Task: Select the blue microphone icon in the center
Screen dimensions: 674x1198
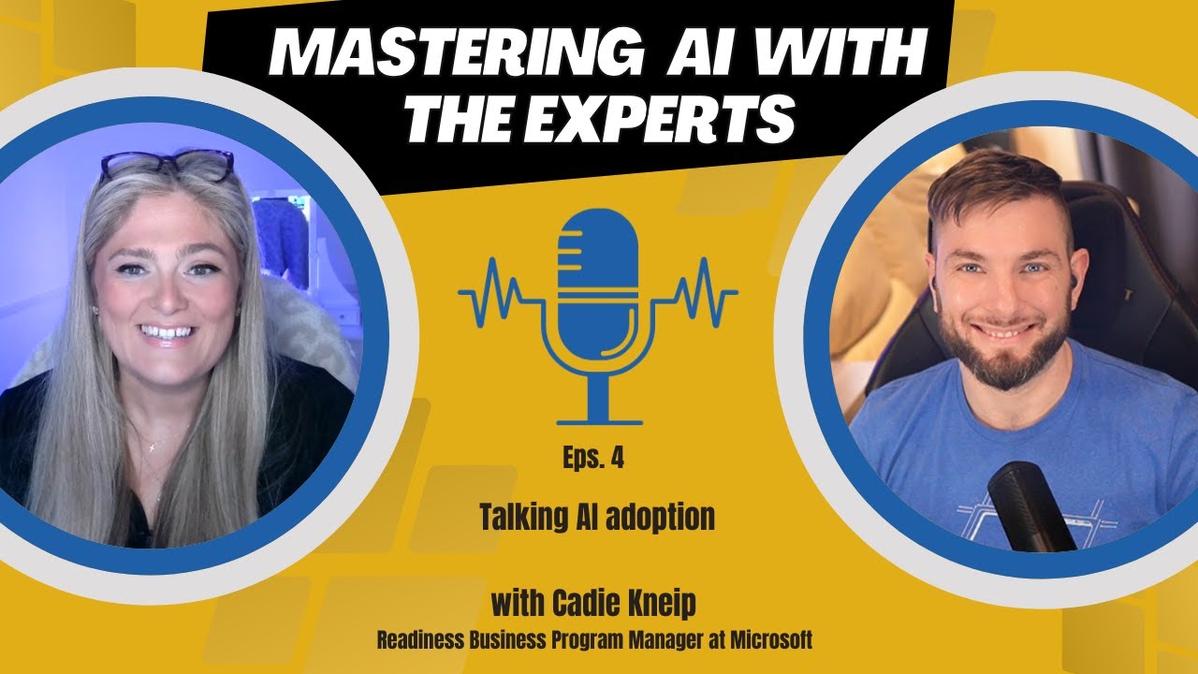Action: (597, 281)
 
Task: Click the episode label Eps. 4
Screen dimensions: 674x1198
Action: (593, 459)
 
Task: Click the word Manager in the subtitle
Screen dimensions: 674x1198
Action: (661, 642)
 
